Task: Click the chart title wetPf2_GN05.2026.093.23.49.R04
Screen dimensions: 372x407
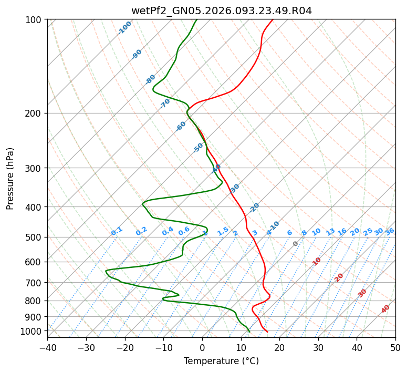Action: (221, 11)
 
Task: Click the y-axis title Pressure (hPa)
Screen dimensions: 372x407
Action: (11, 179)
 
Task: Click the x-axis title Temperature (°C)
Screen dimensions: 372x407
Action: (221, 361)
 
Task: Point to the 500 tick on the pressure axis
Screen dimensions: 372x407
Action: (35, 237)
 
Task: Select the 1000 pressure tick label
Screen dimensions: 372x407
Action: (33, 331)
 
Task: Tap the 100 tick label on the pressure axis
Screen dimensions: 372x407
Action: (35, 20)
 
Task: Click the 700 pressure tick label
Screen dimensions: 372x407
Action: (35, 283)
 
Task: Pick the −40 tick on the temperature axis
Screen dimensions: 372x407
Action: (47, 348)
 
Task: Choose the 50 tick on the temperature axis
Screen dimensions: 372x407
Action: (395, 348)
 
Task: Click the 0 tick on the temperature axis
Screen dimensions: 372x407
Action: (202, 348)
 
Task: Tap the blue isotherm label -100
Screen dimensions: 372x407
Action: (124, 28)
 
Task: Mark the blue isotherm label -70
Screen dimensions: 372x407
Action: (165, 104)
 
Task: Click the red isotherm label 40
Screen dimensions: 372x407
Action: (385, 309)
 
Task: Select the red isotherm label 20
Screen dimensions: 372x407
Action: (339, 277)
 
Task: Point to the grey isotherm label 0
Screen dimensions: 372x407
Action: (296, 244)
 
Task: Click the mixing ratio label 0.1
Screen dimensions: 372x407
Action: (117, 231)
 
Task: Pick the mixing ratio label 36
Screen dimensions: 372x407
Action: (390, 231)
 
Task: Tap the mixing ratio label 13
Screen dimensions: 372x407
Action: (330, 232)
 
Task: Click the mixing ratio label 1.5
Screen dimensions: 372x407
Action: (223, 231)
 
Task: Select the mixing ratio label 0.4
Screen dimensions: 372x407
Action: (168, 231)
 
